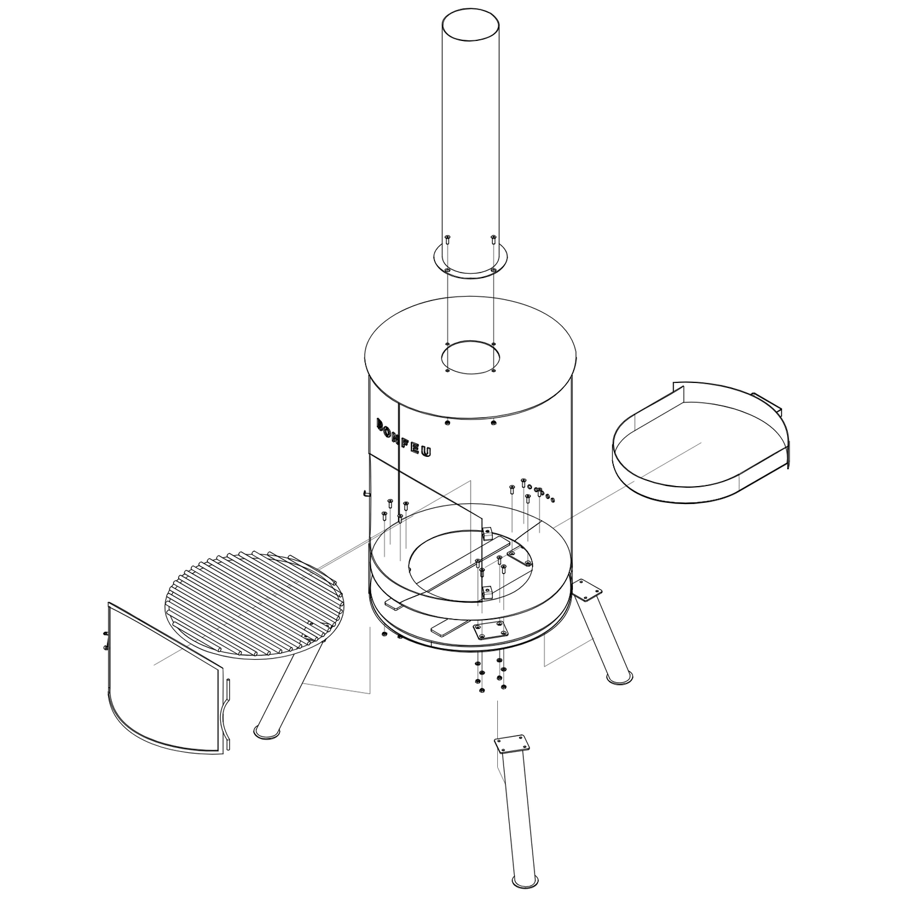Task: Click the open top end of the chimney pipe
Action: pos(470,25)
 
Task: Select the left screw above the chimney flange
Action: pos(448,239)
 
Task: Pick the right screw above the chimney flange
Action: pos(494,239)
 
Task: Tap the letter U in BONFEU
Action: pos(427,451)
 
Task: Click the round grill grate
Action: pos(254,604)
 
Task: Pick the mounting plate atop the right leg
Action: pos(587,589)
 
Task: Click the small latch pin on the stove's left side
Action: pos(366,492)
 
